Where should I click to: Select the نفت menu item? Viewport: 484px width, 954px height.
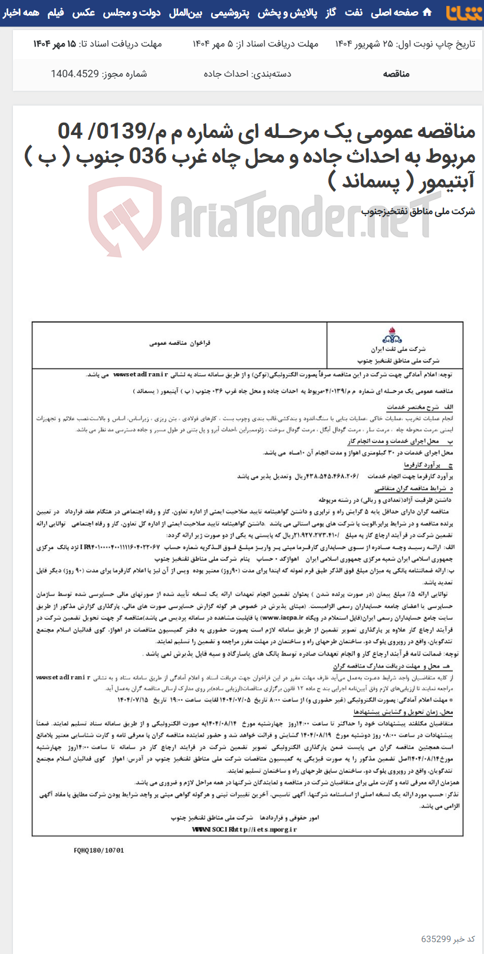point(354,12)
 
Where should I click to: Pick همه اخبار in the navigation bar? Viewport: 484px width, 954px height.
point(21,12)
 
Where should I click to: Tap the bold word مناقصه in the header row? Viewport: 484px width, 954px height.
point(396,74)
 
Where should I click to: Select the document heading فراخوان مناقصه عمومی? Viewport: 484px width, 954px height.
point(180,343)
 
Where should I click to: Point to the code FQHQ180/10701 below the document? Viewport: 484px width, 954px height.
point(99,850)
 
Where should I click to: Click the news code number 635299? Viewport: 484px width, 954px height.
point(436,939)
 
